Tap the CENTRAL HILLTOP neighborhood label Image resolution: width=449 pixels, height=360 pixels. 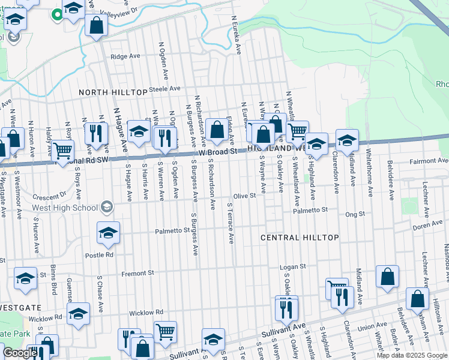[x=300, y=238]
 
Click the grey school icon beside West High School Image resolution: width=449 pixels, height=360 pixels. [x=107, y=207]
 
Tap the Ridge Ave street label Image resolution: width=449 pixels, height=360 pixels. [x=125, y=56]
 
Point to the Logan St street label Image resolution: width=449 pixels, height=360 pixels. [x=294, y=266]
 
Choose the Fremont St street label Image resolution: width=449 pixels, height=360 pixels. [x=138, y=274]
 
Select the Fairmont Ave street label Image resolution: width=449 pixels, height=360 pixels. [x=429, y=161]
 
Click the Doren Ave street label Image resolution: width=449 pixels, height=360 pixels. [x=427, y=226]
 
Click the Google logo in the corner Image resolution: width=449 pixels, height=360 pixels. [x=19, y=353]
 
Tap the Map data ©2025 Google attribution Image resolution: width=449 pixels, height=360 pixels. [x=412, y=355]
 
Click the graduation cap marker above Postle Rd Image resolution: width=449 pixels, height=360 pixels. [x=108, y=233]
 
